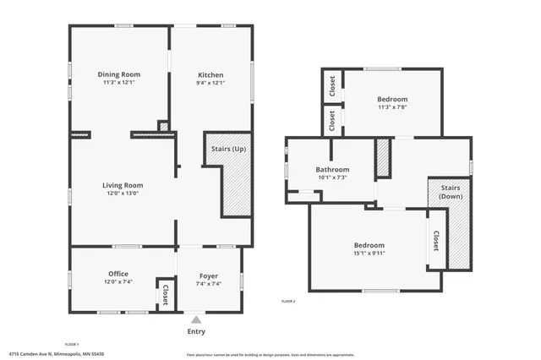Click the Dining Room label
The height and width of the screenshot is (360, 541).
119,74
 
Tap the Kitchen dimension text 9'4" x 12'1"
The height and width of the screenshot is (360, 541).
210,83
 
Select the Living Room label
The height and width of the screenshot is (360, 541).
123,185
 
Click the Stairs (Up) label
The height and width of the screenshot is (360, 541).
228,148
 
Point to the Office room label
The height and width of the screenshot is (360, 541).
118,274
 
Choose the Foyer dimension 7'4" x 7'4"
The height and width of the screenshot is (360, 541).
209,284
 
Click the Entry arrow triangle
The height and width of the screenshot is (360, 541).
196,319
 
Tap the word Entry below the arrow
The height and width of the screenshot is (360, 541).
196,330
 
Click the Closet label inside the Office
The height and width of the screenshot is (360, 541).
165,294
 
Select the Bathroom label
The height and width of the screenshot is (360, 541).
332,169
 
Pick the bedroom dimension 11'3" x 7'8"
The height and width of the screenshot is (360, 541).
392,107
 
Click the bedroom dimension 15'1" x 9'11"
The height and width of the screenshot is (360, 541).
369,253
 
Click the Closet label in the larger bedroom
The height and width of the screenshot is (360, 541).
436,243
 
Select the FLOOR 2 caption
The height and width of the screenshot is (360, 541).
289,301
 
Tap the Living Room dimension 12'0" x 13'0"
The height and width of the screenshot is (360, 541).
123,194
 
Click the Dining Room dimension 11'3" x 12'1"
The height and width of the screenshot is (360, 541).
119,83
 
